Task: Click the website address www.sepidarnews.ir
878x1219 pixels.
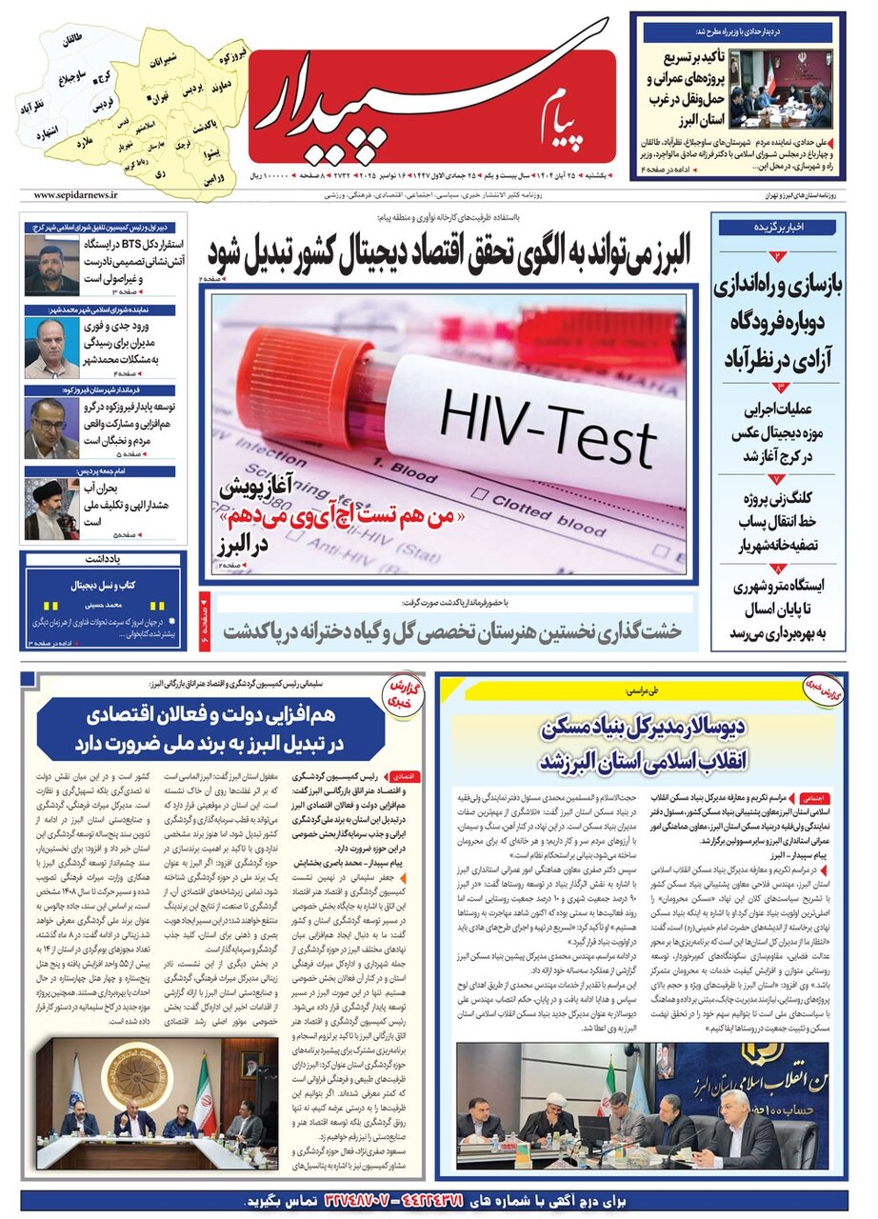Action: [x=75, y=194]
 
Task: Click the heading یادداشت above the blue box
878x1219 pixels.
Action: [x=104, y=560]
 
